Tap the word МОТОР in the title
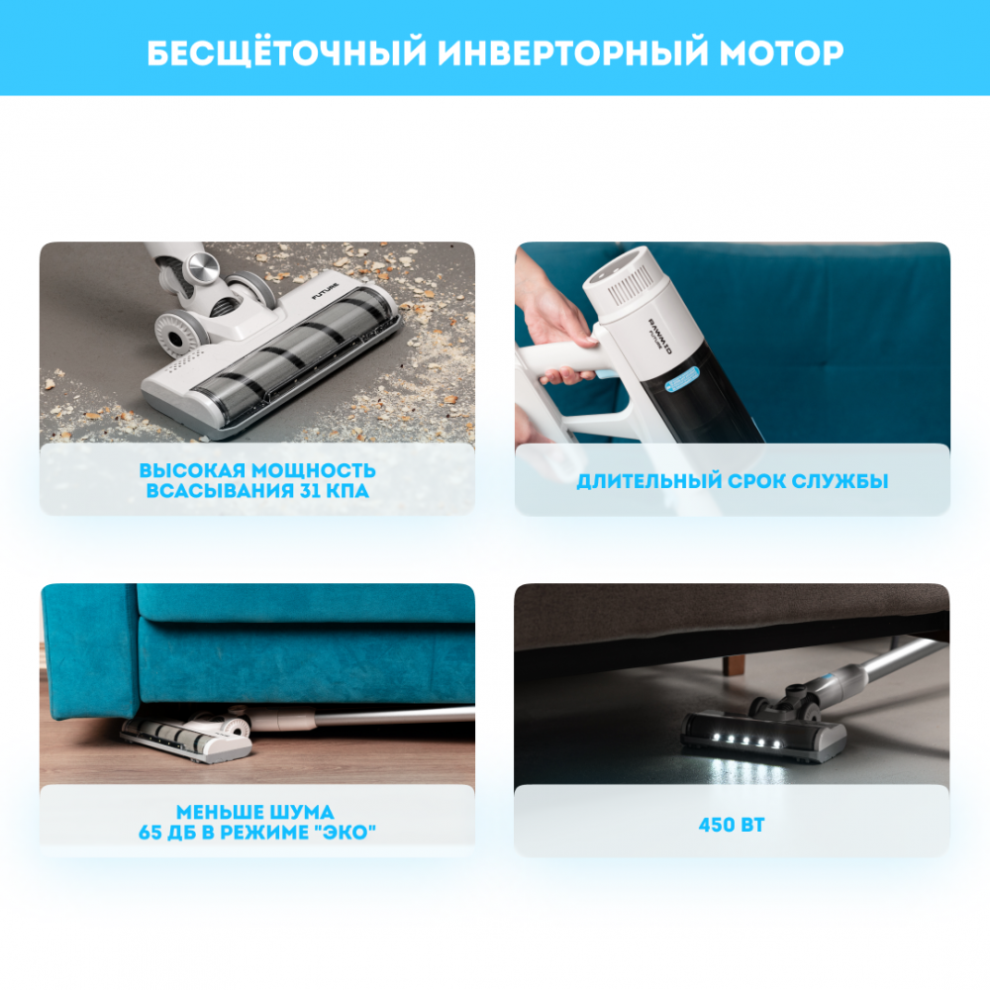tap(781, 53)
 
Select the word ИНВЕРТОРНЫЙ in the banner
tap(573, 53)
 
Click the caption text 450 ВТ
tap(732, 825)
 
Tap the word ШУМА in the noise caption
tap(298, 812)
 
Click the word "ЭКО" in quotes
tap(345, 833)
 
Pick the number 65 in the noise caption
tap(149, 833)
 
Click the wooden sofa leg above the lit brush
tap(733, 665)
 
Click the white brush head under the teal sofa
tap(186, 737)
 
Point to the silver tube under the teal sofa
tap(394, 715)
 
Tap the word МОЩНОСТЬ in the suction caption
tap(314, 470)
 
